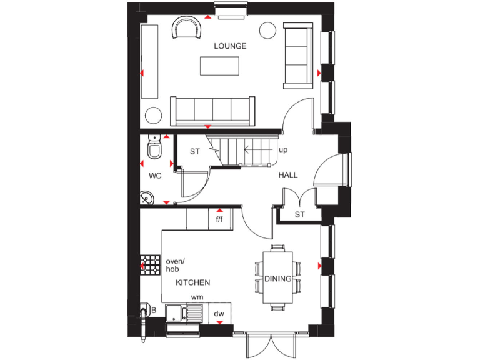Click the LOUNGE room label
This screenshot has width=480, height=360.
[230, 46]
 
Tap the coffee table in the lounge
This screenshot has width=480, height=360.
[219, 66]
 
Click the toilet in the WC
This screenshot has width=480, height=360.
[154, 149]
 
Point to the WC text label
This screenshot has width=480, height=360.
[155, 176]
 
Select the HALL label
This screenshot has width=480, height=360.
[287, 176]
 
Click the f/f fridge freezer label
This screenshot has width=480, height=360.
[220, 219]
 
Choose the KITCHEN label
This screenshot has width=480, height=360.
[192, 282]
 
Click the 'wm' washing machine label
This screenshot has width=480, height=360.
[197, 297]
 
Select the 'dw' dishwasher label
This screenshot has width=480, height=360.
[219, 314]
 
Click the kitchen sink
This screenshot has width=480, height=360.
[182, 312]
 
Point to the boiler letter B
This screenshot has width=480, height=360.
[154, 310]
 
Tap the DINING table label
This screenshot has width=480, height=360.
[277, 279]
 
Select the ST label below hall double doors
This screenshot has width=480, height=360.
[299, 215]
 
